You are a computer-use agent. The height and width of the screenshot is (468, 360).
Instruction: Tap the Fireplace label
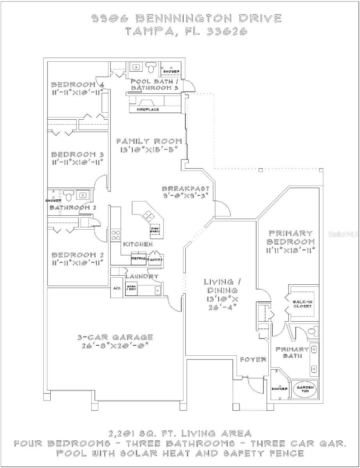pos(147,110)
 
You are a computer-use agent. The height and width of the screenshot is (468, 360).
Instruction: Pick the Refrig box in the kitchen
pos(138,259)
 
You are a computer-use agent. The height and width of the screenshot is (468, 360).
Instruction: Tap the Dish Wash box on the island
pos(155,231)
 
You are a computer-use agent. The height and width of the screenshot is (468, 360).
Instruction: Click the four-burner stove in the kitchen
pos(116,235)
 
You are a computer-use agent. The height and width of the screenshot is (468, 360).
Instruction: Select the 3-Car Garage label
pos(115,337)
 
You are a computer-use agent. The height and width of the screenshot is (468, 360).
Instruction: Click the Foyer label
pos(253,359)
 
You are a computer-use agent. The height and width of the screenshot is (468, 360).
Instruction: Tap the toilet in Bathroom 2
pos(69,195)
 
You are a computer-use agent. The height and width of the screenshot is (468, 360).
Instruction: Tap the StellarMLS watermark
pos(343,234)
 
